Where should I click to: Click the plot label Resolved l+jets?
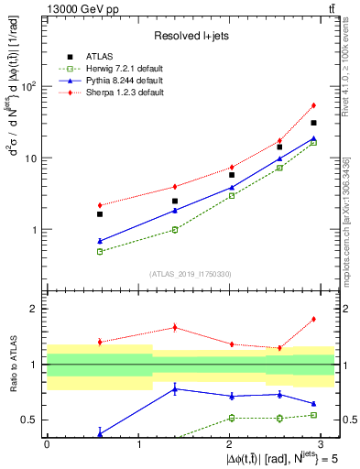tap(191, 36)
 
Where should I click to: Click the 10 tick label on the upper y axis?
tap(34, 158)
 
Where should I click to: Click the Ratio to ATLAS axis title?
tap(13, 364)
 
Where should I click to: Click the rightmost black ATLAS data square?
tap(313, 123)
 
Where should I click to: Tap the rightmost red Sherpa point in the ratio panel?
tap(313, 319)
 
